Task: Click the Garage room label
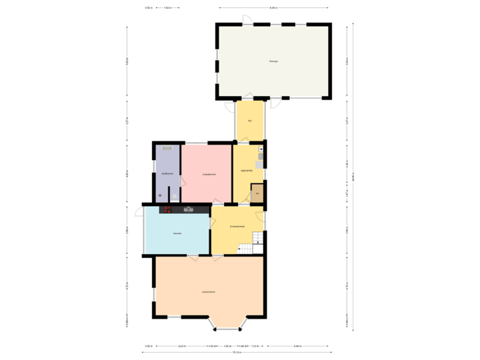coord(273,61)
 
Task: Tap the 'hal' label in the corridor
coord(249,121)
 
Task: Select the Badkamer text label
coord(167,174)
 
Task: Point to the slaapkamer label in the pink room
coord(208,174)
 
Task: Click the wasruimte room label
coord(246,171)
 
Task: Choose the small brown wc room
coord(257,193)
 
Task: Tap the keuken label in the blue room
coord(177,233)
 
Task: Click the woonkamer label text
coord(209,291)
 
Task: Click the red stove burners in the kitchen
coord(168,209)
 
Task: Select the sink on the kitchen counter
coord(189,209)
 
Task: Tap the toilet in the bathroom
coord(160,195)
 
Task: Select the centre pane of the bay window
coord(227,329)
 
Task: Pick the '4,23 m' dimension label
coord(181,346)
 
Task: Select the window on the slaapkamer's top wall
coord(195,142)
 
